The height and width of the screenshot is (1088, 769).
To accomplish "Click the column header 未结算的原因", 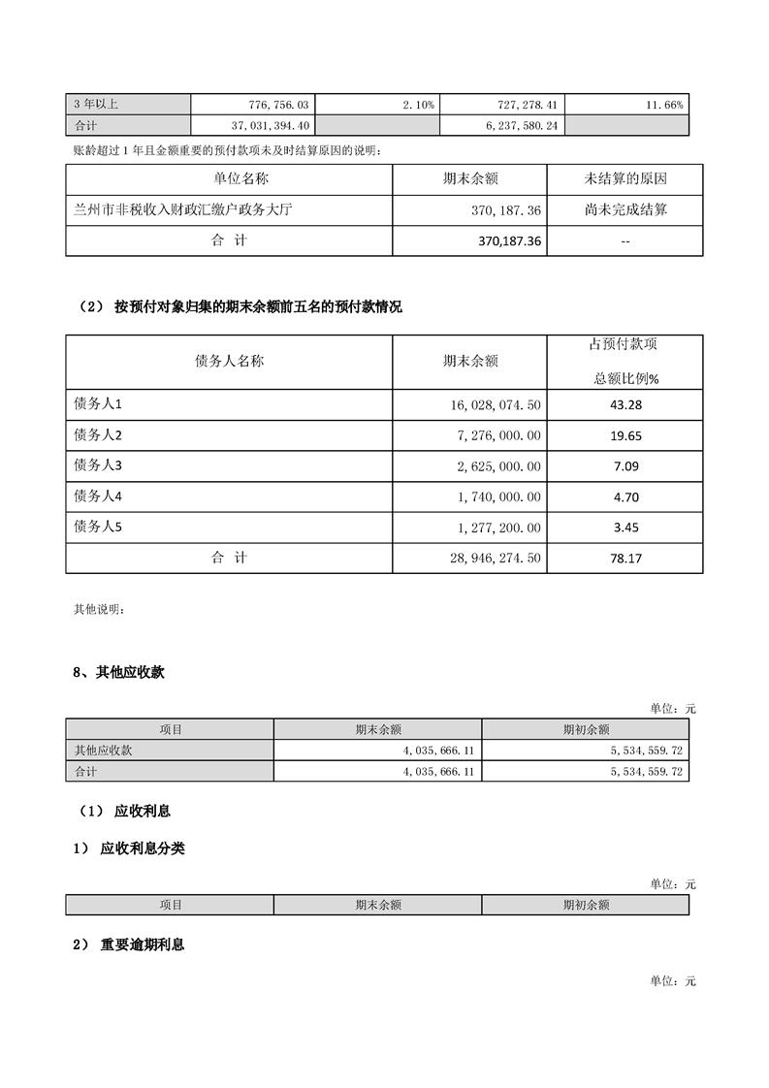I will (625, 179).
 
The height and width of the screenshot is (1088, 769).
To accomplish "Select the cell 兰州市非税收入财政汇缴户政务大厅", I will (182, 209).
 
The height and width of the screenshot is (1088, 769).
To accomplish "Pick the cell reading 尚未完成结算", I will (625, 209).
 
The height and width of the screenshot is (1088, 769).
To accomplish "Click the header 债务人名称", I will (229, 361).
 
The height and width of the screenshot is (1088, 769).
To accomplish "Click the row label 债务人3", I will (98, 465).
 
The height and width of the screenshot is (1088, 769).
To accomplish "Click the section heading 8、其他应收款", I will (118, 672).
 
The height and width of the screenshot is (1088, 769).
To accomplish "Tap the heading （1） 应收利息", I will (123, 811).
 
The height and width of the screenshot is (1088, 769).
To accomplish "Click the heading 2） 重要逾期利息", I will (128, 944).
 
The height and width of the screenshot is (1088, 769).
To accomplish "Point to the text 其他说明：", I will (99, 610).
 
